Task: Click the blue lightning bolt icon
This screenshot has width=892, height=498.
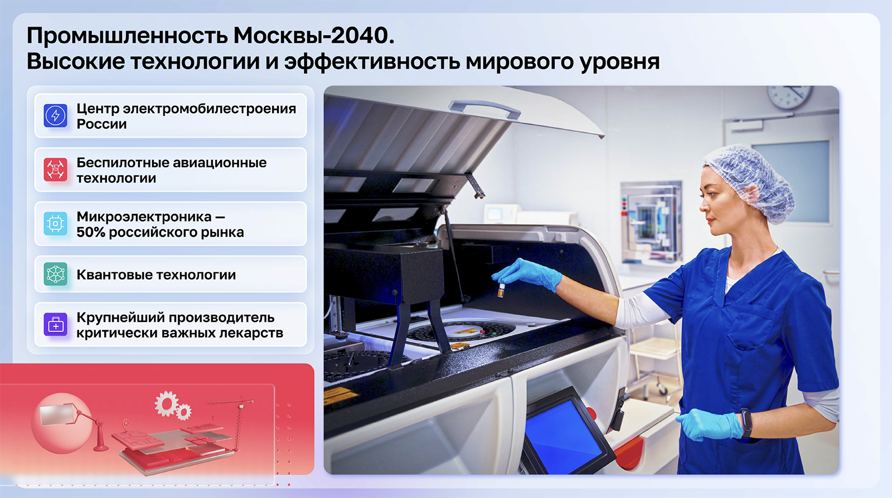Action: (55, 115)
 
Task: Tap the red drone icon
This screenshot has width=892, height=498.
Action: (55, 169)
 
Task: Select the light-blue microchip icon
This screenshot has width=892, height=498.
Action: (55, 223)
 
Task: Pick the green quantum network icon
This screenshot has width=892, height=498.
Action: (55, 274)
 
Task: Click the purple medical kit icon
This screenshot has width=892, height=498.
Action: (55, 325)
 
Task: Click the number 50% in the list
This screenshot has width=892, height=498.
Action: (91, 232)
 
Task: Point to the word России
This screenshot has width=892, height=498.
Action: (101, 124)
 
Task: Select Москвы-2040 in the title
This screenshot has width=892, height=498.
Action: (314, 36)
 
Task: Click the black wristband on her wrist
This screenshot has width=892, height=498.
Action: (746, 423)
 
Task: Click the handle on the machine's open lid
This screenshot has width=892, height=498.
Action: (484, 109)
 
